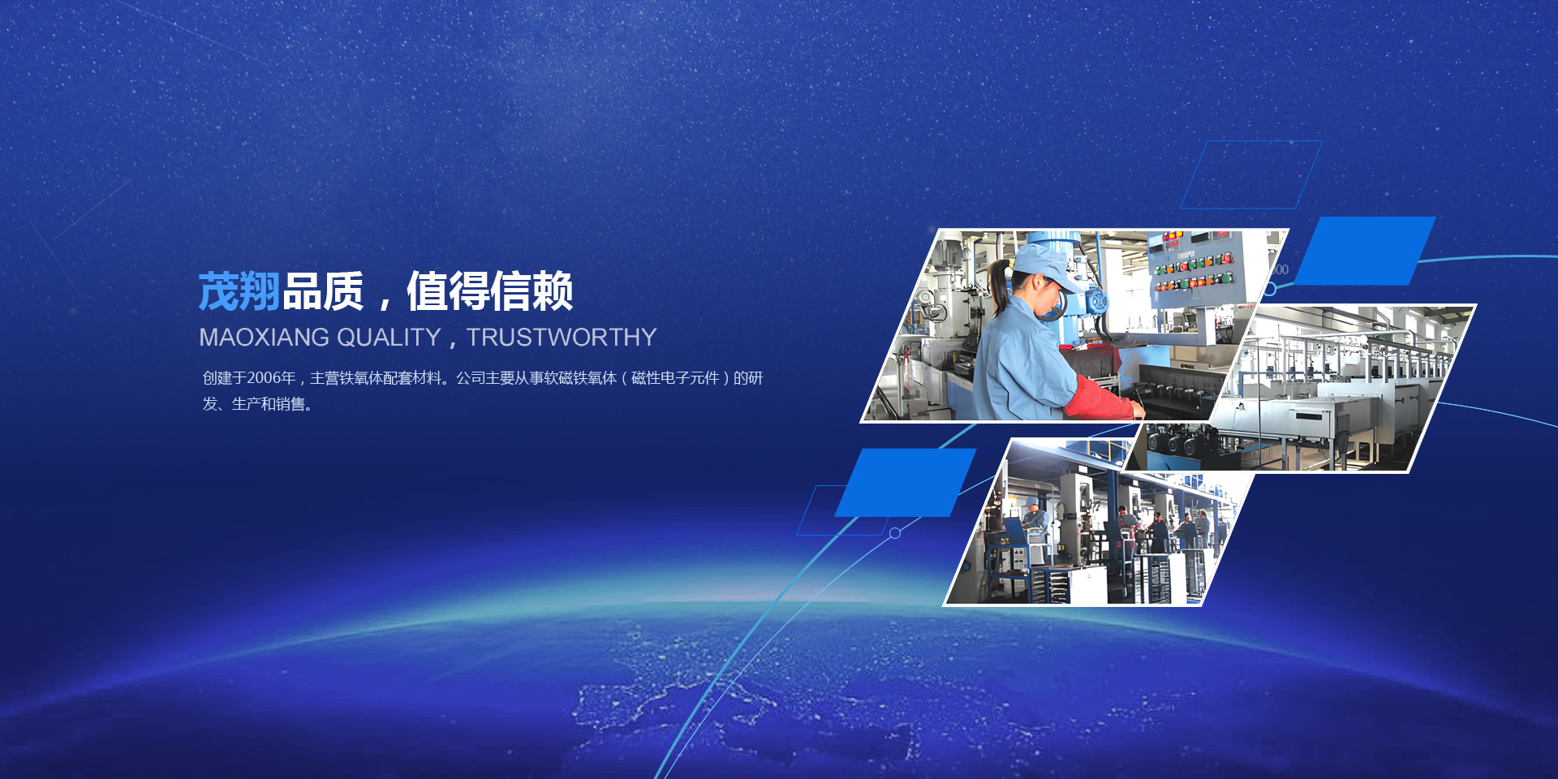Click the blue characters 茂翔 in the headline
coord(239,291)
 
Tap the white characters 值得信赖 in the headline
coord(490,291)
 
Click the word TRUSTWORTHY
coord(562,337)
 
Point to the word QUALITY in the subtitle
coord(389,337)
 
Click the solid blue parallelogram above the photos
coord(1365,251)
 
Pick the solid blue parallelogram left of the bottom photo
coord(906,483)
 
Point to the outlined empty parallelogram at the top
coord(1251,174)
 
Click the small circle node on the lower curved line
coord(895,533)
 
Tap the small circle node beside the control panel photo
coord(1270,289)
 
